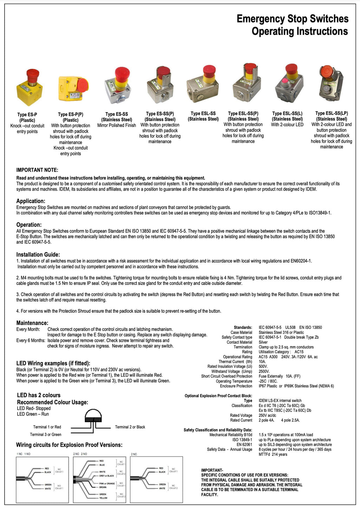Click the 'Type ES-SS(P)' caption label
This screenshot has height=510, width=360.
click(x=160, y=114)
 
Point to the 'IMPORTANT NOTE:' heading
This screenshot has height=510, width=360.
click(x=37, y=170)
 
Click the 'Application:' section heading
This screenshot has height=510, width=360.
click(x=31, y=201)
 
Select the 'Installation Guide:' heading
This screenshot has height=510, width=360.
click(x=38, y=255)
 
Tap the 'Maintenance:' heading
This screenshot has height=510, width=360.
click(x=32, y=323)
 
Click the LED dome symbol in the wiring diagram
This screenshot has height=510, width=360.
click(x=93, y=416)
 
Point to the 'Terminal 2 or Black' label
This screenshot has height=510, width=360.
click(x=130, y=427)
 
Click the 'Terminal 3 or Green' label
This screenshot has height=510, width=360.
click(x=46, y=434)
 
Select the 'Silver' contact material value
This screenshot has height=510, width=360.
click(x=263, y=342)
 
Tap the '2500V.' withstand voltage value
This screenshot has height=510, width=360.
click(x=264, y=371)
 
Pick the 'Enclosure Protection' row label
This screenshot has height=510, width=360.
click(x=236, y=386)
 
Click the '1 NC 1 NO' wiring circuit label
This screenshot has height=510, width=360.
click(x=24, y=454)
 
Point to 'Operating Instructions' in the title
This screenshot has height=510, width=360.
click(x=300, y=31)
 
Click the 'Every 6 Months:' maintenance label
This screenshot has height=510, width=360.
click(x=31, y=340)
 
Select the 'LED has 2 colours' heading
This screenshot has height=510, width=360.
click(x=39, y=395)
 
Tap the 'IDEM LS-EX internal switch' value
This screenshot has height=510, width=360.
click(x=280, y=401)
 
